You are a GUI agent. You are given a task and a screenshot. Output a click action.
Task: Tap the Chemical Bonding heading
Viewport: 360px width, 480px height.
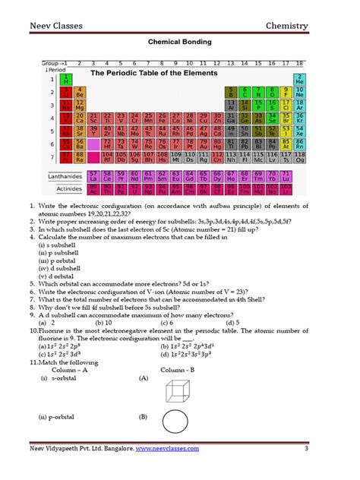pos(179,45)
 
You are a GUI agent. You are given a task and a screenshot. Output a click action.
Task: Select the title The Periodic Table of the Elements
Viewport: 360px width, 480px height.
pos(154,73)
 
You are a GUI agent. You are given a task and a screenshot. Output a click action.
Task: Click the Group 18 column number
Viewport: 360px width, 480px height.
pos(300,63)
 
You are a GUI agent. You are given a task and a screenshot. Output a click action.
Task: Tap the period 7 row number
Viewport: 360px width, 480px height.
pos(52,158)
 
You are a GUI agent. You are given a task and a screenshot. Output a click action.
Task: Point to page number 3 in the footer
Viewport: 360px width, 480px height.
pos(305,449)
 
